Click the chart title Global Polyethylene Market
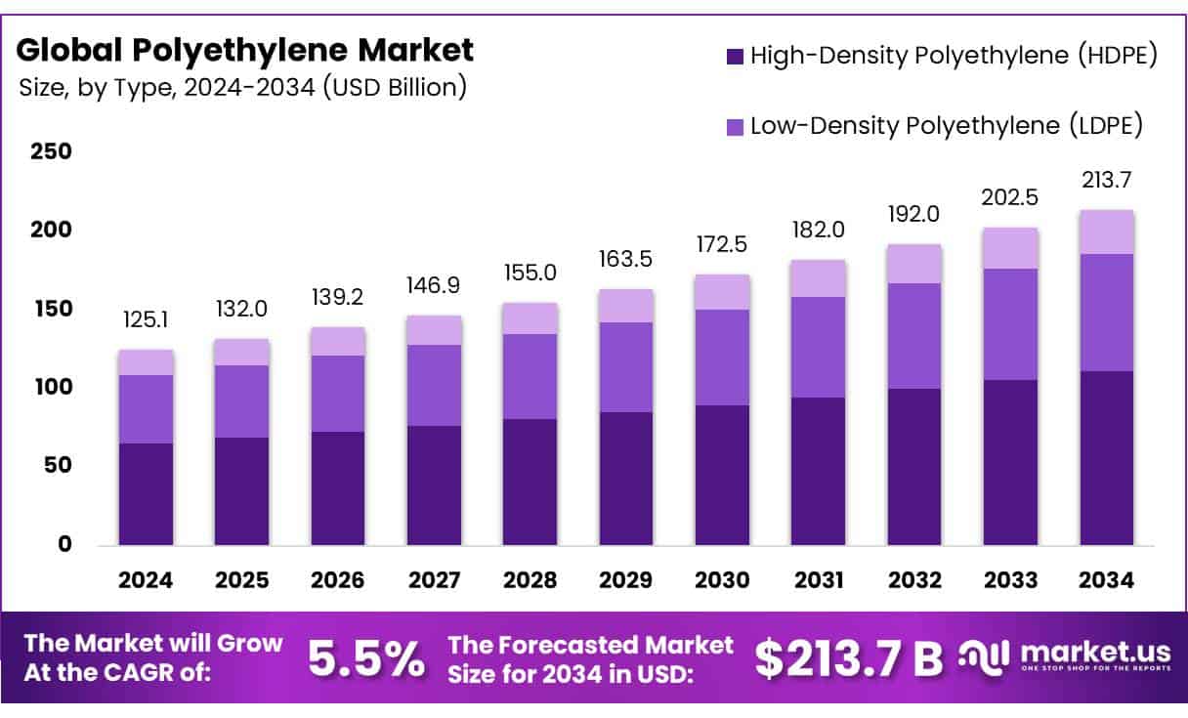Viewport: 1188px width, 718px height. pyautogui.click(x=245, y=49)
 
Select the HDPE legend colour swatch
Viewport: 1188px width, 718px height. pyautogui.click(x=735, y=57)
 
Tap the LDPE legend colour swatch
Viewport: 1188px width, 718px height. pyautogui.click(x=735, y=127)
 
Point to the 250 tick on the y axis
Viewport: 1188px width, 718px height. pyautogui.click(x=52, y=151)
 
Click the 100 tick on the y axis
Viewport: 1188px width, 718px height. pyautogui.click(x=52, y=387)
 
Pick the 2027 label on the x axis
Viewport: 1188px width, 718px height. pyautogui.click(x=435, y=580)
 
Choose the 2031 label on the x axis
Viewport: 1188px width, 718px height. pyautogui.click(x=819, y=580)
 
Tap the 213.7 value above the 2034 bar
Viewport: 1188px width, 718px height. pyautogui.click(x=1107, y=180)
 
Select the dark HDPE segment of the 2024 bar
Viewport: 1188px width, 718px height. pyautogui.click(x=147, y=493)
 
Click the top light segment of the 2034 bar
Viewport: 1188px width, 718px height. pyautogui.click(x=1107, y=232)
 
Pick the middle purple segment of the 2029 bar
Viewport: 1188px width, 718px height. pyautogui.click(x=627, y=367)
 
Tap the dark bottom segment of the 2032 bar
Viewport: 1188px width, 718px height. pyautogui.click(x=915, y=466)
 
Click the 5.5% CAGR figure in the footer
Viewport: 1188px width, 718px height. pyautogui.click(x=366, y=659)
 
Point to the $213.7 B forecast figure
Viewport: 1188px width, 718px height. pyautogui.click(x=849, y=659)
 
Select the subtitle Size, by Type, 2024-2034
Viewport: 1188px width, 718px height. pyautogui.click(x=242, y=88)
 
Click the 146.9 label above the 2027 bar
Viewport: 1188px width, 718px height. pyautogui.click(x=435, y=285)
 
